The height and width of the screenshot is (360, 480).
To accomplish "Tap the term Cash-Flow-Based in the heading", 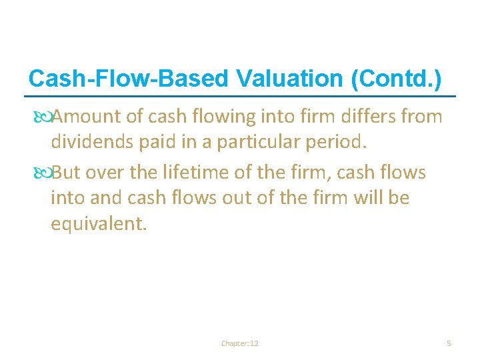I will coord(129,79).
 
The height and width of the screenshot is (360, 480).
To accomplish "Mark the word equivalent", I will coord(97,223).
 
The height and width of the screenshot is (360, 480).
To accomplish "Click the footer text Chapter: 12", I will coord(240,343).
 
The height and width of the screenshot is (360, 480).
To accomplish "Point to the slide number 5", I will coord(449,343).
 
